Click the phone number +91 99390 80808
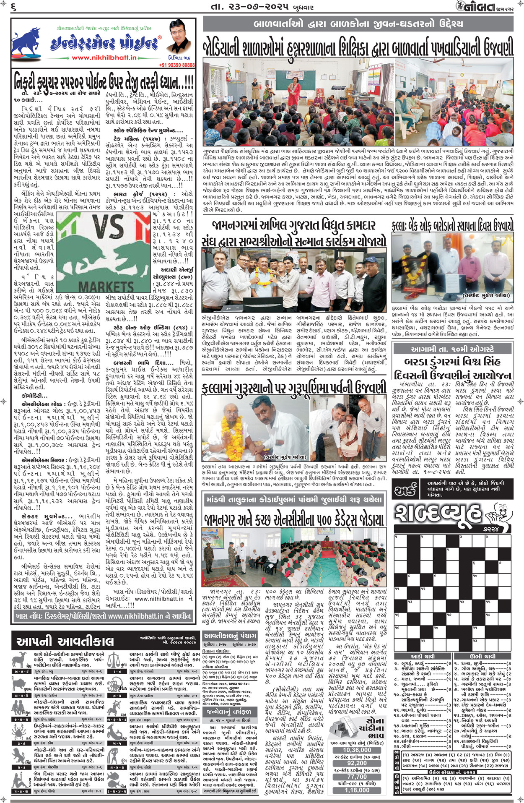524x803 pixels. [x=177, y=65]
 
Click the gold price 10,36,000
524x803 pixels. [x=357, y=750]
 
